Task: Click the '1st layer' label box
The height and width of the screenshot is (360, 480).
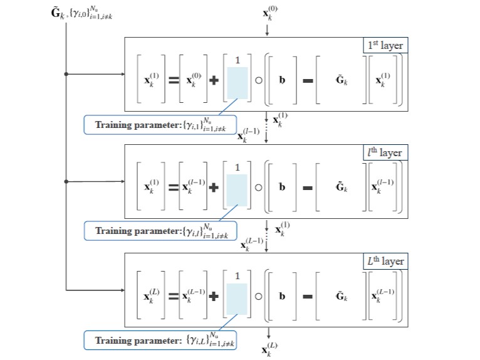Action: click(x=385, y=46)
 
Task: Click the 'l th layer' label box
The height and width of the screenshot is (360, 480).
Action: click(x=385, y=153)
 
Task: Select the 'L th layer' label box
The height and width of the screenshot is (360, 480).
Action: click(x=385, y=261)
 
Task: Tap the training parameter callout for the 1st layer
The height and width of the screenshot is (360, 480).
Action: click(x=160, y=124)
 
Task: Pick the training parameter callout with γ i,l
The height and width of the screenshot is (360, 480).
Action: click(x=160, y=231)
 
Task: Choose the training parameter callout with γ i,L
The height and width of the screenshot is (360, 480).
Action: click(x=160, y=341)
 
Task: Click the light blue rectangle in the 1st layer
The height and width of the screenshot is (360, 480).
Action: click(x=237, y=83)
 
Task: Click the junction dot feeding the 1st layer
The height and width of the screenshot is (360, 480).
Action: click(x=66, y=74)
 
